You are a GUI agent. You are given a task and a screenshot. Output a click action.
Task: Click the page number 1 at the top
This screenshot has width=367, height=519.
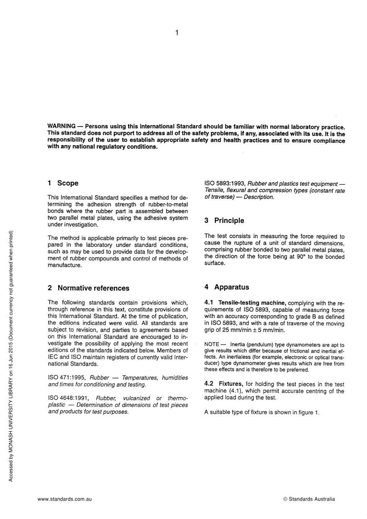coord(177,33)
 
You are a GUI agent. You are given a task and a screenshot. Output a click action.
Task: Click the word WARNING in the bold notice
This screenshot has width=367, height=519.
coord(61,126)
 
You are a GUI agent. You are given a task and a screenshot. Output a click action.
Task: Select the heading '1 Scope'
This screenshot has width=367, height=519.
coord(63,183)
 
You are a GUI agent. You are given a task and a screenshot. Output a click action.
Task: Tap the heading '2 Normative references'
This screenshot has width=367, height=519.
coord(88,288)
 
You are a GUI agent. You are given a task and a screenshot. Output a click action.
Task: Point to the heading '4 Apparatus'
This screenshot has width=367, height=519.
coord(227,287)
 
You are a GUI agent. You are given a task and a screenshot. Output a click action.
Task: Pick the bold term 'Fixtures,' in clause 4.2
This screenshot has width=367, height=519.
coord(231,384)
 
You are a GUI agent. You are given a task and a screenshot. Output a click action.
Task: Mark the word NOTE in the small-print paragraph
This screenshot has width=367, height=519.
coord(212,345)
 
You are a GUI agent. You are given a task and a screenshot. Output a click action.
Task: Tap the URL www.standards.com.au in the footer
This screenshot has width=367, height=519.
coord(65,499)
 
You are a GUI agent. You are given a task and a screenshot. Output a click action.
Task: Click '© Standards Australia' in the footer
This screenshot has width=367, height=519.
coord(309,499)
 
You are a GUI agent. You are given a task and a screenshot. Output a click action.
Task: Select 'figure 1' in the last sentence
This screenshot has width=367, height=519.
coord(308,412)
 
